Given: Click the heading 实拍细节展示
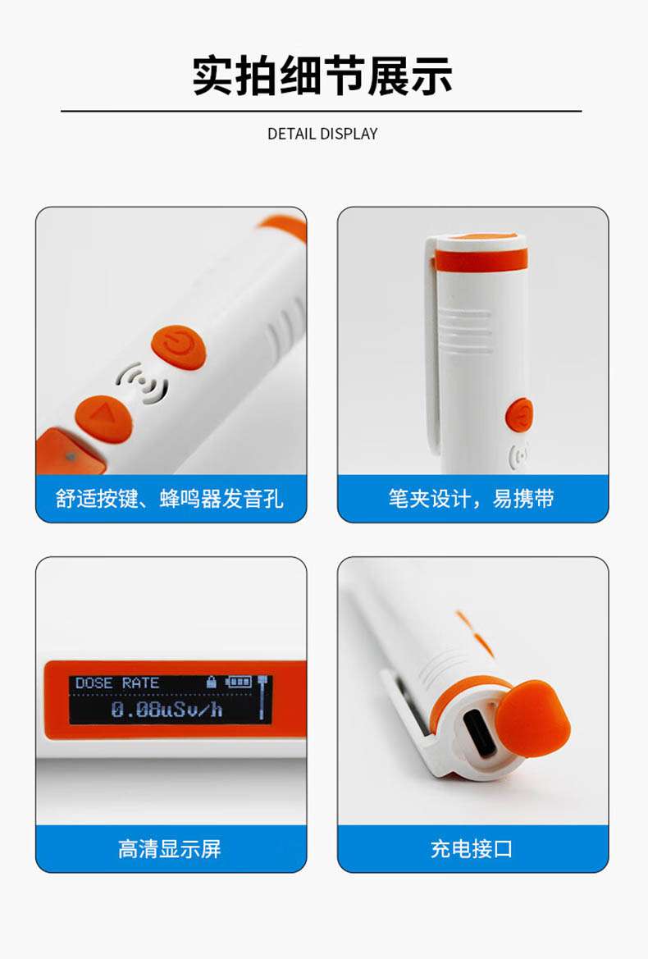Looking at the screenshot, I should (322, 75).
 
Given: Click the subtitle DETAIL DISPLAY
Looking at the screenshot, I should (322, 134).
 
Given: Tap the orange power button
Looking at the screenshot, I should (178, 348).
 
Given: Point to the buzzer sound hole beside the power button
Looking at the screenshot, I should (141, 384).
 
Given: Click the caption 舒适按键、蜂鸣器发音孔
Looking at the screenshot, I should (170, 498).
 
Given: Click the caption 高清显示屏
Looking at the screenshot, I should (170, 848).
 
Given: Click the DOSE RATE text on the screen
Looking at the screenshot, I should (117, 683).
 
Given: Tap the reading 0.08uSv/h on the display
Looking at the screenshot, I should (167, 709).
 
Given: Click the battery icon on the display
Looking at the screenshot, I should (239, 682).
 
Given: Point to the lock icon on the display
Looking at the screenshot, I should (212, 682).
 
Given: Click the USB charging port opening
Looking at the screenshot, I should (480, 732).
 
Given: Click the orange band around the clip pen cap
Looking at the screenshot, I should (481, 257).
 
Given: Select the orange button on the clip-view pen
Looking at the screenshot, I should (519, 414).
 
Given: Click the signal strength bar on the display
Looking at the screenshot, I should (262, 698).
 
